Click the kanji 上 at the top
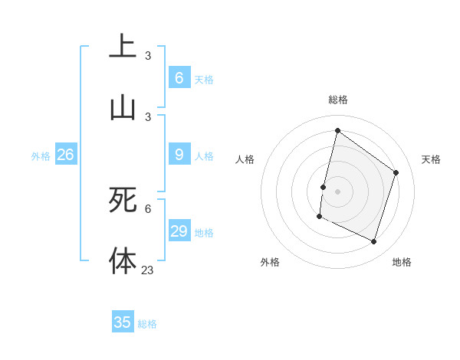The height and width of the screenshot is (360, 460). coord(123,47)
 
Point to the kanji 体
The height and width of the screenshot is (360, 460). coord(123,260)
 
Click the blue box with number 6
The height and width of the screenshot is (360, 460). coord(179,77)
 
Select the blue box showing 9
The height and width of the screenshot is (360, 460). coord(179,155)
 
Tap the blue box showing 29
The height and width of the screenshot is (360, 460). coord(179,231)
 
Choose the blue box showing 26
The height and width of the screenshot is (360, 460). coord(65,155)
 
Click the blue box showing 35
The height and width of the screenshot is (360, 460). coord(123,322)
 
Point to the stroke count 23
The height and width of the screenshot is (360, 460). coord(148,270)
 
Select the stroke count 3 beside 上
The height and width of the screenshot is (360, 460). coord(148,55)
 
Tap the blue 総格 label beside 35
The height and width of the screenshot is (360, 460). coord(147,324)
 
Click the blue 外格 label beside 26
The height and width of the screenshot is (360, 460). coord(41,156)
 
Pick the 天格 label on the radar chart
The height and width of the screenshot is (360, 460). coord(431,159)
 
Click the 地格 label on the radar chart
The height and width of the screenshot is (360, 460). coord(402,262)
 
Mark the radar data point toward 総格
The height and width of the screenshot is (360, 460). coord(337,131)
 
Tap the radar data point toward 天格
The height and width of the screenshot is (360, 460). coord(396,172)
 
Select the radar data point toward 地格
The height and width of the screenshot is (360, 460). coord(374,242)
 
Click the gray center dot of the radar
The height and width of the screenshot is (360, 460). coord(337,191)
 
